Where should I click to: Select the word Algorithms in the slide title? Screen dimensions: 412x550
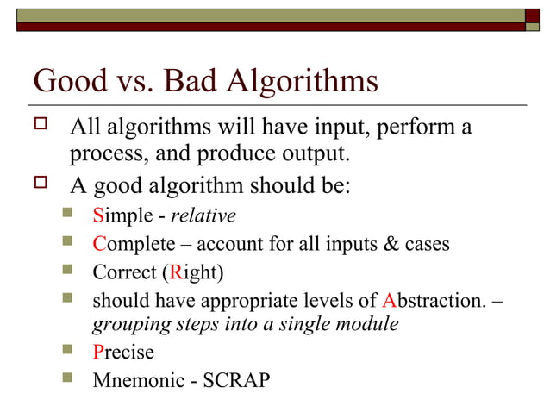point(302,82)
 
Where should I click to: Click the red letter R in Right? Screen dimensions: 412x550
point(176,273)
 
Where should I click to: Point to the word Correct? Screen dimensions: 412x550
point(124,273)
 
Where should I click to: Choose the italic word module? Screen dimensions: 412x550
point(372,325)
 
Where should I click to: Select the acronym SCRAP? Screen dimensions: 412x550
point(236,380)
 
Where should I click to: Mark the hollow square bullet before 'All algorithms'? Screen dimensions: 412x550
point(40,127)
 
